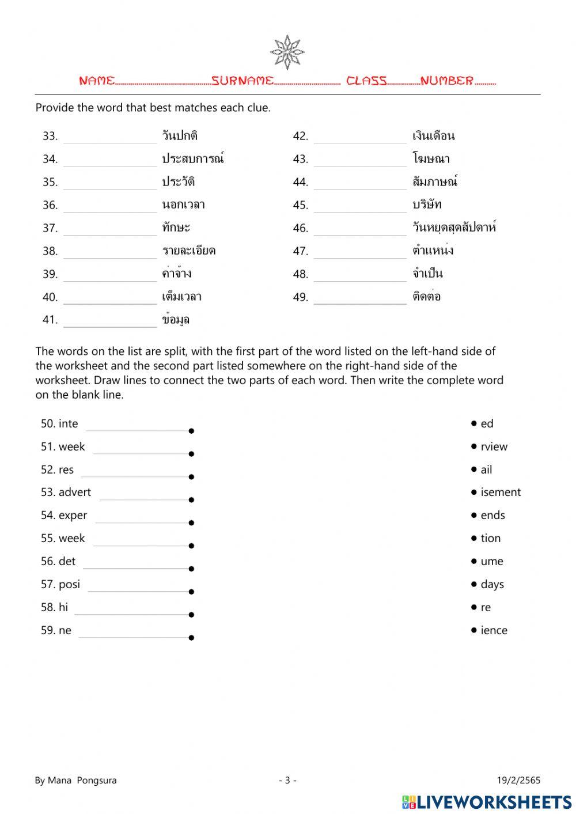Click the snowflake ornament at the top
tap(287, 52)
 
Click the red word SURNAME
tap(242, 81)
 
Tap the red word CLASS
tap(366, 81)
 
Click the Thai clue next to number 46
tap(454, 228)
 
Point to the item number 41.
tap(50, 320)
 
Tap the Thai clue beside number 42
tap(433, 136)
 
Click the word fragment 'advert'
tap(75, 493)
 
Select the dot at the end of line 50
tap(191, 431)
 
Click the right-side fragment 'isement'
tap(501, 493)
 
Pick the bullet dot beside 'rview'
tap(474, 446)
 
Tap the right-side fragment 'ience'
tap(494, 630)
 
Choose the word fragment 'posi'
tap(69, 584)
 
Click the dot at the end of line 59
tap(191, 638)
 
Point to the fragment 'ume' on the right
tap(491, 561)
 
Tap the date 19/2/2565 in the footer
tap(518, 781)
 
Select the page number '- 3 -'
tap(287, 781)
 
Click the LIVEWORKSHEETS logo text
tap(494, 802)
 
